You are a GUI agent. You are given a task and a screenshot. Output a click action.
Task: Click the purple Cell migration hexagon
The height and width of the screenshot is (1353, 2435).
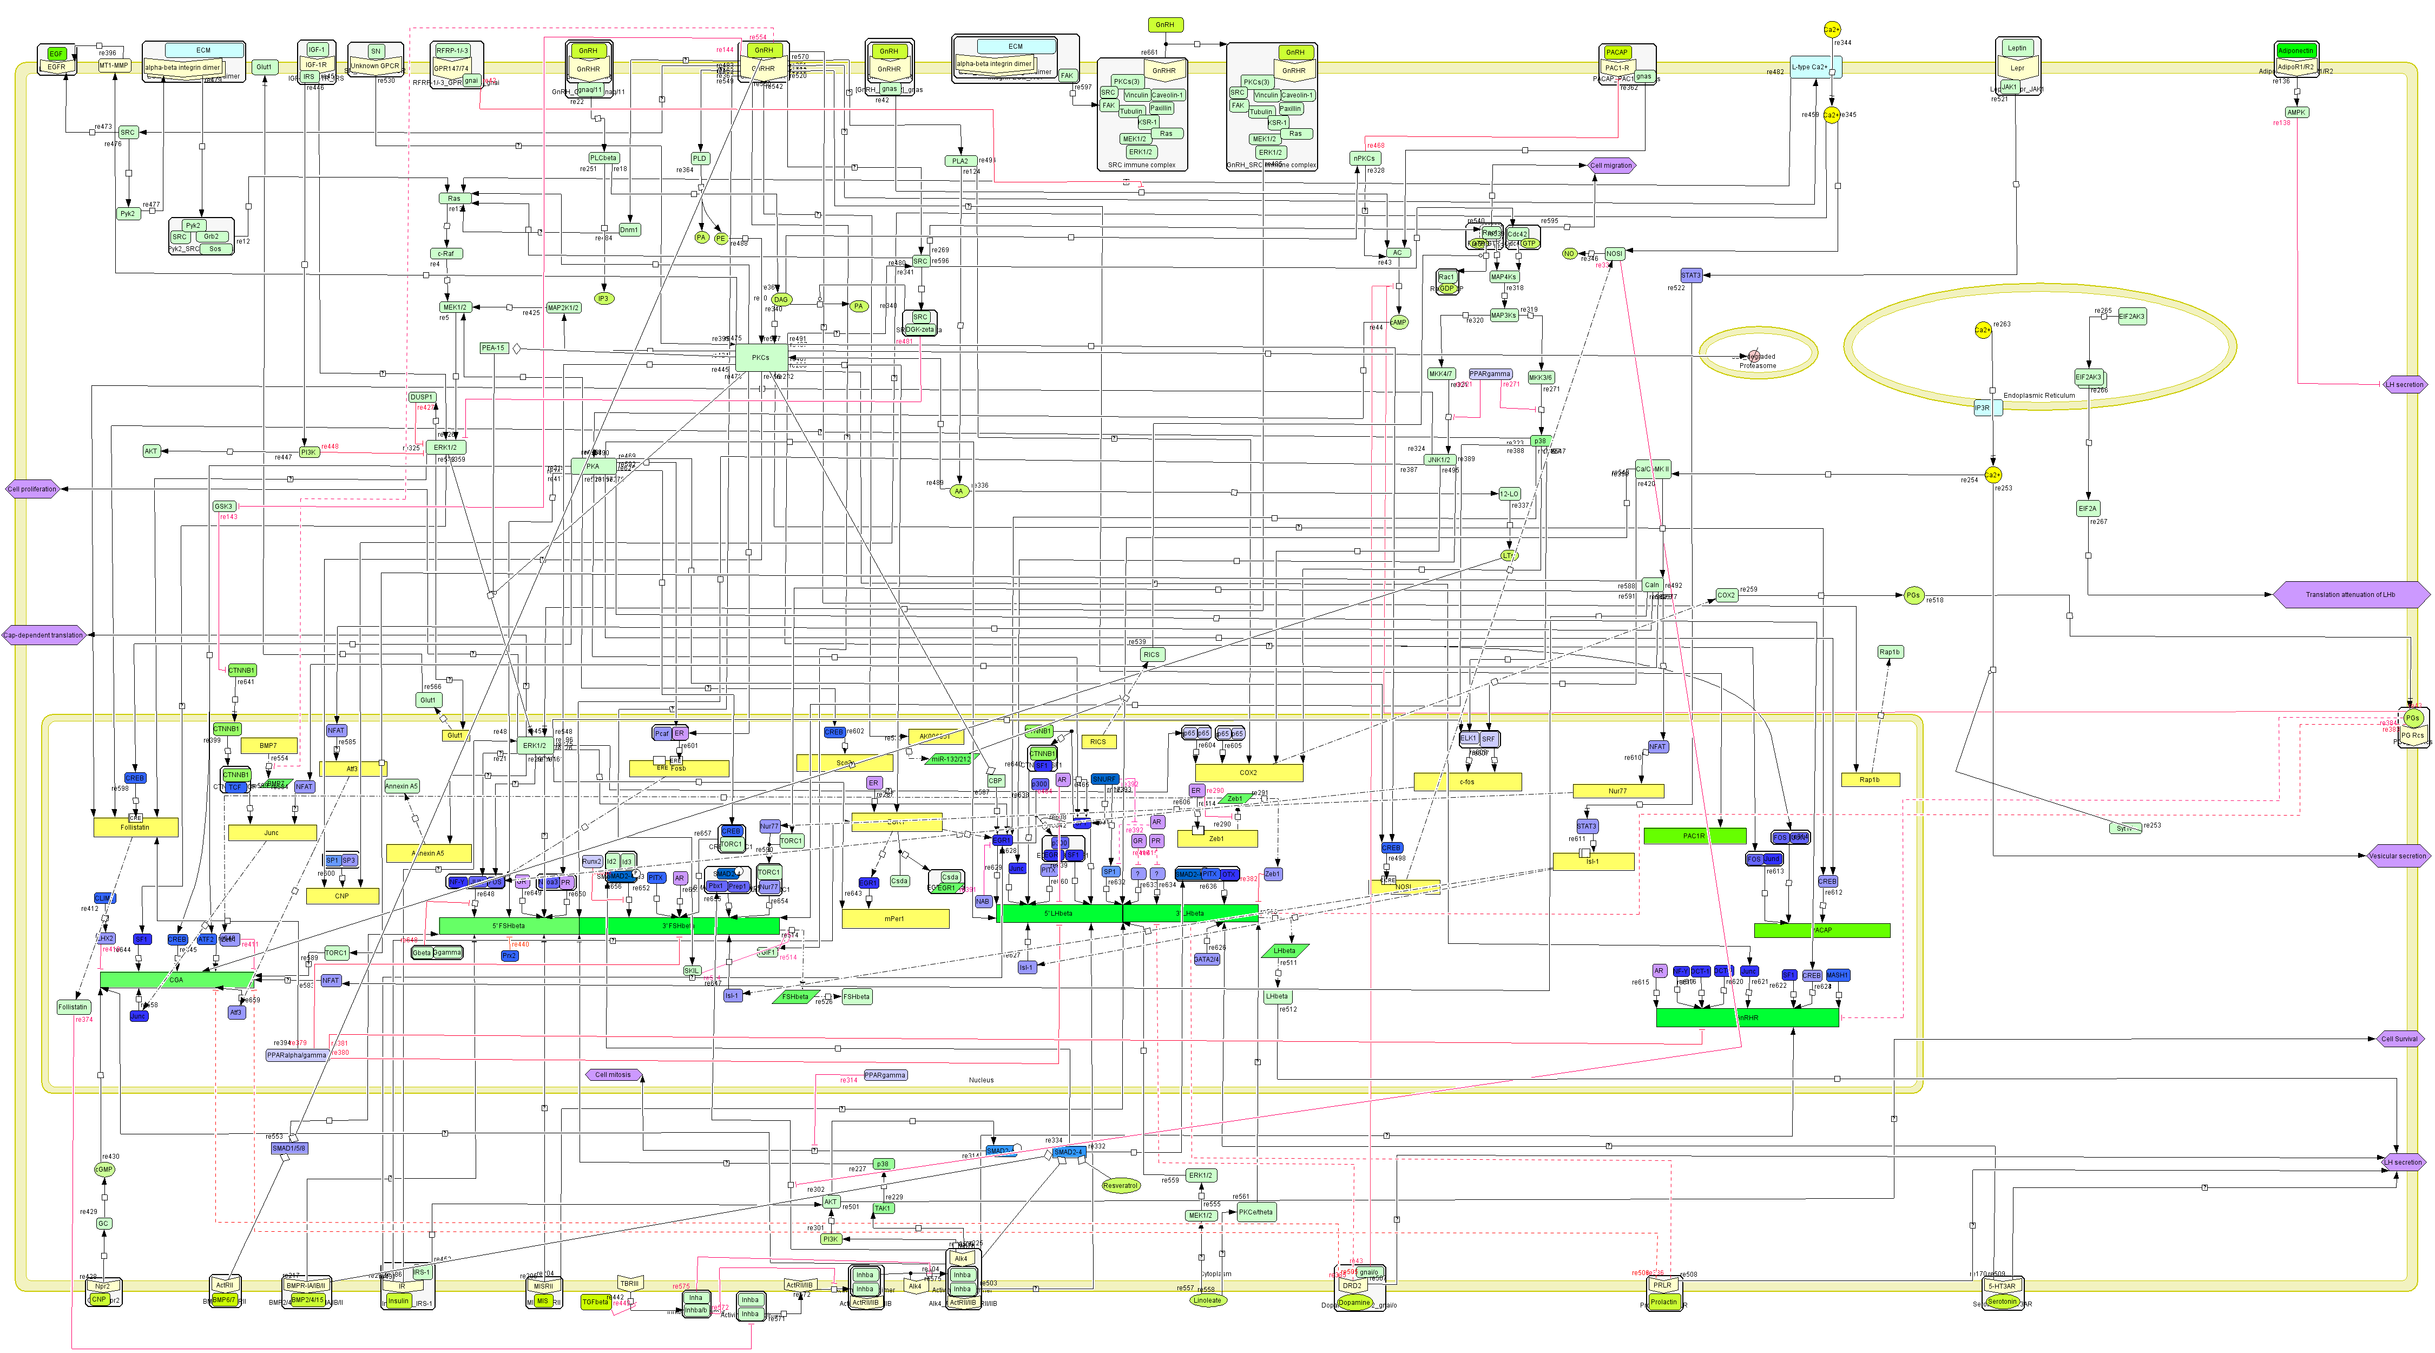(x=1611, y=166)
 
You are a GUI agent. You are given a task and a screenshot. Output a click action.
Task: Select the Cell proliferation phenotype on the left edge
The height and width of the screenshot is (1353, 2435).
(x=32, y=489)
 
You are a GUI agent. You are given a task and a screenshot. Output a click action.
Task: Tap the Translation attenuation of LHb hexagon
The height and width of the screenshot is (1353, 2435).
(x=2349, y=595)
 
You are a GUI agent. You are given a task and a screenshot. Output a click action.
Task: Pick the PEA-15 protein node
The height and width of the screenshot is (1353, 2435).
(x=493, y=348)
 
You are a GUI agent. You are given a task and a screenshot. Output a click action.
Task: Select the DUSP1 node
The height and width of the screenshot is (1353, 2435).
(x=422, y=397)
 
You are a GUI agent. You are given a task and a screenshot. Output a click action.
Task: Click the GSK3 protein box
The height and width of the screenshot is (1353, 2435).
(x=223, y=507)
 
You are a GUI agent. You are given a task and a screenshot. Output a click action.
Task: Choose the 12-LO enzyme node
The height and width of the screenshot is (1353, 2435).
(x=1509, y=494)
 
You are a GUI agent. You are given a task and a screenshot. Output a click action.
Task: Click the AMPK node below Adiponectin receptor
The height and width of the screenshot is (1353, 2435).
(x=2296, y=113)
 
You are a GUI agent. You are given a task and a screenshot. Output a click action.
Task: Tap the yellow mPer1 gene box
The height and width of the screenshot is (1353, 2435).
(x=894, y=918)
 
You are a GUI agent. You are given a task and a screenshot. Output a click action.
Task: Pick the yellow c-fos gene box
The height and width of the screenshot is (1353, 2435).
(x=1467, y=782)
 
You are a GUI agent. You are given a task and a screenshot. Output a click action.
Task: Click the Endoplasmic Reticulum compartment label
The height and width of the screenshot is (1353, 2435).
(x=2039, y=395)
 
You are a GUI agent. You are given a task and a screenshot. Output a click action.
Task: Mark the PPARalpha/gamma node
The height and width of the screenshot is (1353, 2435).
(x=297, y=1055)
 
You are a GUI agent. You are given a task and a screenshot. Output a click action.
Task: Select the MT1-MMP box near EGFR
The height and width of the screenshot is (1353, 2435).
(x=114, y=66)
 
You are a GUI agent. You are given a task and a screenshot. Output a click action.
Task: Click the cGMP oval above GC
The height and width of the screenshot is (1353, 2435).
(x=104, y=1170)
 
